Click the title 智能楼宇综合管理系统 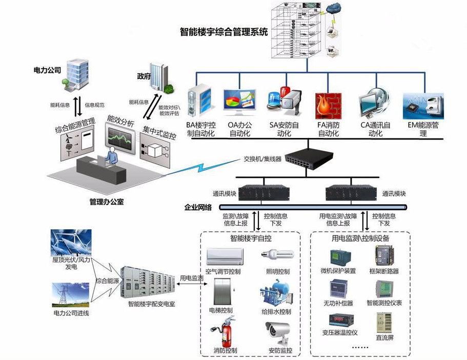pos(224,32)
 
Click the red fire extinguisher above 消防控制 pos(225,332)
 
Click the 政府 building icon pos(160,77)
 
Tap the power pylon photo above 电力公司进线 pos(71,295)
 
